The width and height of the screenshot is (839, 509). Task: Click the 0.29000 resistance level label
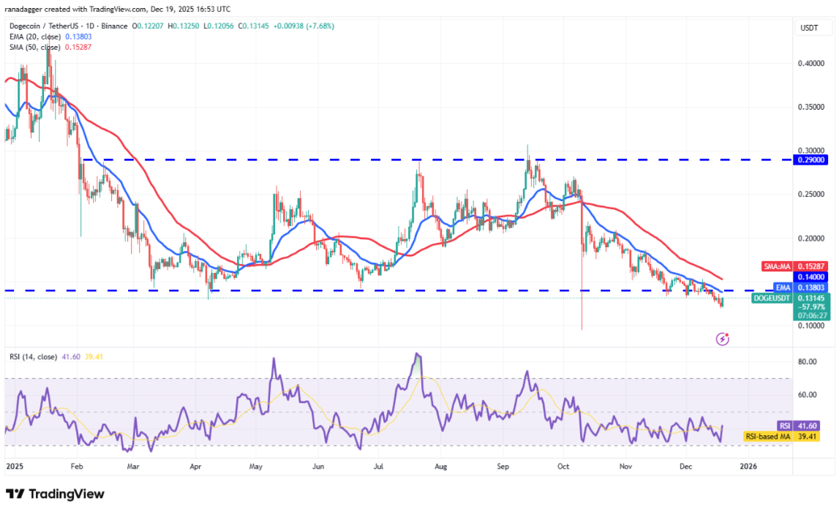(x=812, y=159)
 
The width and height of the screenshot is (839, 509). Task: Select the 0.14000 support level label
(x=812, y=277)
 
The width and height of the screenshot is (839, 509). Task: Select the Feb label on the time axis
(x=75, y=465)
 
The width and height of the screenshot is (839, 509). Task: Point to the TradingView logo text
(x=55, y=494)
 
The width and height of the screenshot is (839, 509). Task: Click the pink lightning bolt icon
(x=723, y=339)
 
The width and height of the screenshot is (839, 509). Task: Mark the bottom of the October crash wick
(x=582, y=329)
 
